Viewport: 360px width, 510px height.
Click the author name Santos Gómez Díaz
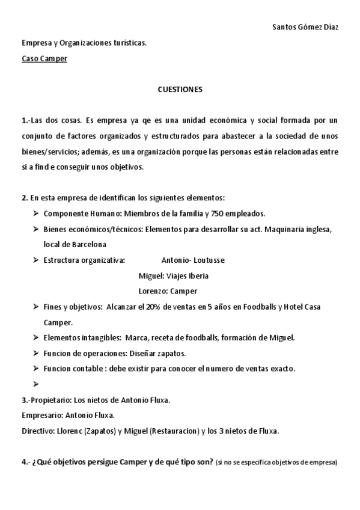[x=305, y=28]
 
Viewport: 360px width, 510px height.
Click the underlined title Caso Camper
[x=44, y=59]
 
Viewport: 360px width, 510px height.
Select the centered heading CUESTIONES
[x=180, y=90]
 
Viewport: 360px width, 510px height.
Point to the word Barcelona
[x=87, y=245]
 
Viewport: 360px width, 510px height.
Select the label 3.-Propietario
[x=46, y=400]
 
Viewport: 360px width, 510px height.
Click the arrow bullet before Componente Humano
[x=37, y=214]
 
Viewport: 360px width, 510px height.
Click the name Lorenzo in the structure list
[x=152, y=291]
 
